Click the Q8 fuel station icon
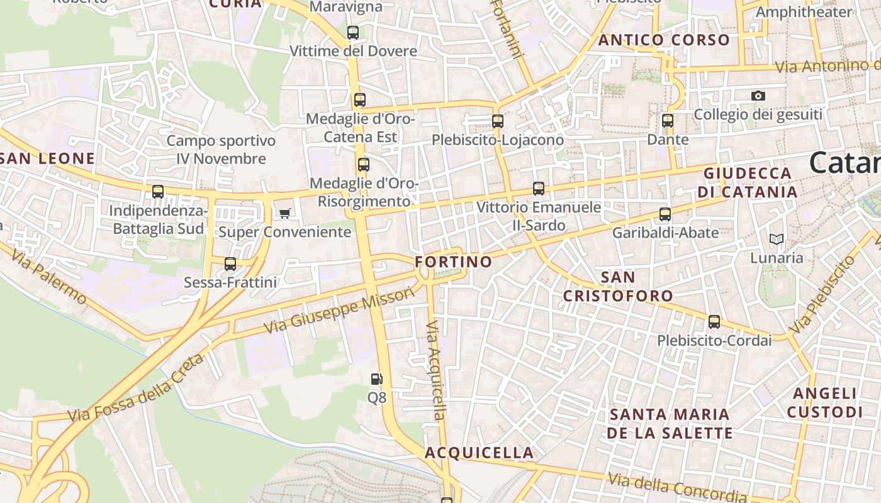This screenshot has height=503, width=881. (x=376, y=379)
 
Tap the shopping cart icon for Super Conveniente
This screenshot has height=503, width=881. (x=284, y=213)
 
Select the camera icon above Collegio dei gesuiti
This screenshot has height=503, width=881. (x=758, y=96)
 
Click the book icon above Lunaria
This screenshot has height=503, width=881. (x=777, y=240)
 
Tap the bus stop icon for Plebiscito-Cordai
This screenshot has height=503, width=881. (x=714, y=322)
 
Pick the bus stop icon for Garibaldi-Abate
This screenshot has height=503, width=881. (x=665, y=214)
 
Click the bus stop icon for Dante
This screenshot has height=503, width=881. (x=668, y=121)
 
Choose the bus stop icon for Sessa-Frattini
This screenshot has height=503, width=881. (x=230, y=264)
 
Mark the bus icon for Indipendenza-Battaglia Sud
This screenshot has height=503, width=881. (x=158, y=192)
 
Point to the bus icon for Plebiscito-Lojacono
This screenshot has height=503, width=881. (x=498, y=121)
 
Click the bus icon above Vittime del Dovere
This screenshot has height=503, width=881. (x=353, y=33)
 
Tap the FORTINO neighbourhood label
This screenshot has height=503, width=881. (x=454, y=262)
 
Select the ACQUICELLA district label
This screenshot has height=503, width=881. (x=479, y=453)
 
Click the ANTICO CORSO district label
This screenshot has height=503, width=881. (x=664, y=40)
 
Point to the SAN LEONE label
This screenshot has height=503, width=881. (x=48, y=158)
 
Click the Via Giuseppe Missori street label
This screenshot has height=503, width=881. (x=340, y=311)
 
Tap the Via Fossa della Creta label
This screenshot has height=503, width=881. (x=136, y=388)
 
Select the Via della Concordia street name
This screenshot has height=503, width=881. (x=677, y=488)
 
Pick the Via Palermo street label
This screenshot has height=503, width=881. (x=48, y=276)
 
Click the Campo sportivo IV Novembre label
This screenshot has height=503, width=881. (x=221, y=150)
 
